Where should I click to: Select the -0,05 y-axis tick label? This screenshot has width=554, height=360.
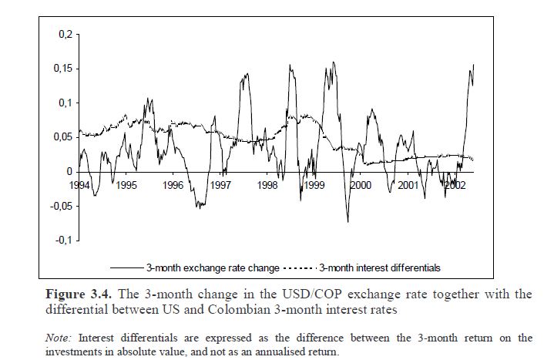pos(61,206)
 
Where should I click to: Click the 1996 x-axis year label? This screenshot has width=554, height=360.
pos(173,186)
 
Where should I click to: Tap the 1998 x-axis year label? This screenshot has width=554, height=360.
pos(267,186)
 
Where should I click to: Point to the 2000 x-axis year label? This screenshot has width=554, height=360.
pos(361,186)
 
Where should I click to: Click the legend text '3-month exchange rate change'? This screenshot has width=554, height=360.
pos(213,268)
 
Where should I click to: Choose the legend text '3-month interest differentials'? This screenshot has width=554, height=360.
pos(380,268)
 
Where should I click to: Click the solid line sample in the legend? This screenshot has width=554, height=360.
pos(127,268)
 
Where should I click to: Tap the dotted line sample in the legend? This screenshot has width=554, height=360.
pos(301,268)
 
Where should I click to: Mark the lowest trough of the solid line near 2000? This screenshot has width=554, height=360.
pos(348,222)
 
